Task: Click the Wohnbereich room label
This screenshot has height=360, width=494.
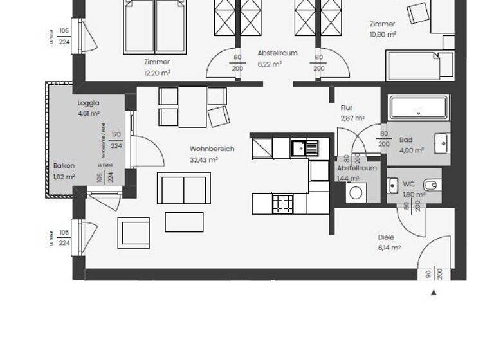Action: click(212, 148)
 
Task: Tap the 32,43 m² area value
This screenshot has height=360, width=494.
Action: click(203, 159)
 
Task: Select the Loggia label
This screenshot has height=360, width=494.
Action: click(88, 102)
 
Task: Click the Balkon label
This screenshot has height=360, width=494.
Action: click(64, 166)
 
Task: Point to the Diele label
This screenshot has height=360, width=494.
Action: click(386, 237)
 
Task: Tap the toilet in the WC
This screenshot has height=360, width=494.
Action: click(431, 185)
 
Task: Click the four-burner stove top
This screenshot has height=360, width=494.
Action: click(283, 204)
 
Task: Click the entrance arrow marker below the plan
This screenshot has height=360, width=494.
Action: click(434, 292)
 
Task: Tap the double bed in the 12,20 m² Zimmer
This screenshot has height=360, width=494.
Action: click(154, 26)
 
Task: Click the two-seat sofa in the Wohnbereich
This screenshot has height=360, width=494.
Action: click(184, 188)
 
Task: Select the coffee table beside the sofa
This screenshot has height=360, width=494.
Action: click(184, 222)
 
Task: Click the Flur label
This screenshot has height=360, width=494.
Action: click(347, 108)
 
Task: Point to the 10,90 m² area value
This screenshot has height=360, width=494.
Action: click(382, 34)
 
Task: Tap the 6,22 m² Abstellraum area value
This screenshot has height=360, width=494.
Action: click(270, 64)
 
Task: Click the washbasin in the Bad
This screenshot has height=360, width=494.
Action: click(442, 143)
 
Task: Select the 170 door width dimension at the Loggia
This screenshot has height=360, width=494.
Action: click(116, 135)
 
